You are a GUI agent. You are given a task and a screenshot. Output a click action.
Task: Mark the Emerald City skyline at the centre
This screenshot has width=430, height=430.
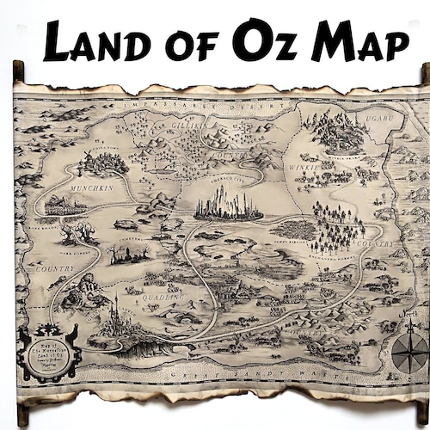coord(228,206)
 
